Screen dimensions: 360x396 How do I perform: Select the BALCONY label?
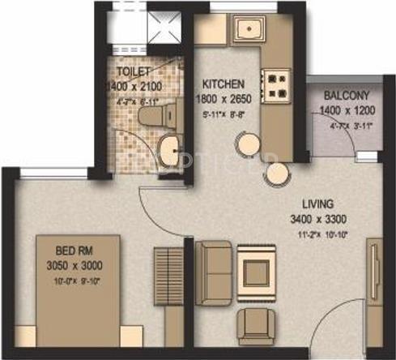pos(339,94)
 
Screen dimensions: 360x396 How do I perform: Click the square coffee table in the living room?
pos(259,268)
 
